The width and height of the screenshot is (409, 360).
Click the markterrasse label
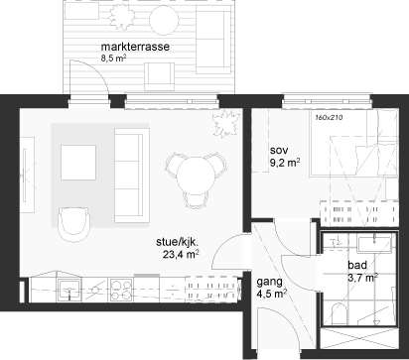coord(135,47)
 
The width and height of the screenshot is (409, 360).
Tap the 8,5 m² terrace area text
coord(113,59)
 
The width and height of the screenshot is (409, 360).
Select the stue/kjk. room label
coord(177,242)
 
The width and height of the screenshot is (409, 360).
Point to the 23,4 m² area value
coord(181,254)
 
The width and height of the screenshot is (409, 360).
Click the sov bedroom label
coord(279,151)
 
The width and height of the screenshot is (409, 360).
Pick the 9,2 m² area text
coord(285,163)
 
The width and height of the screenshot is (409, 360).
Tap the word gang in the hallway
coord(270,283)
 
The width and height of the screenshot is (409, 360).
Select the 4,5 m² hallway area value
coord(272,294)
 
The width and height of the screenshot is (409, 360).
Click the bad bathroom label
coord(357,265)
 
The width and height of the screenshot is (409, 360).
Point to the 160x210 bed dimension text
coord(329,117)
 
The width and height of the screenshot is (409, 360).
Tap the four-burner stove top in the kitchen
coord(121,290)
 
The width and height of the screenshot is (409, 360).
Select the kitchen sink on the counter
coord(69,290)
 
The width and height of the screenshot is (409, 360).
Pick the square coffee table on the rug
coord(78,163)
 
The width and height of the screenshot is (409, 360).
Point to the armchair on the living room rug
coord(73,225)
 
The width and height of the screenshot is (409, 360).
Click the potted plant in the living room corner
coord(225,123)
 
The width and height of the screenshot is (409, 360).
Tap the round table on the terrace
coord(164,20)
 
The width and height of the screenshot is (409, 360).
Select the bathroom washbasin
coord(373,243)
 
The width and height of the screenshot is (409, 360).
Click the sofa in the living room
coord(129,176)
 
